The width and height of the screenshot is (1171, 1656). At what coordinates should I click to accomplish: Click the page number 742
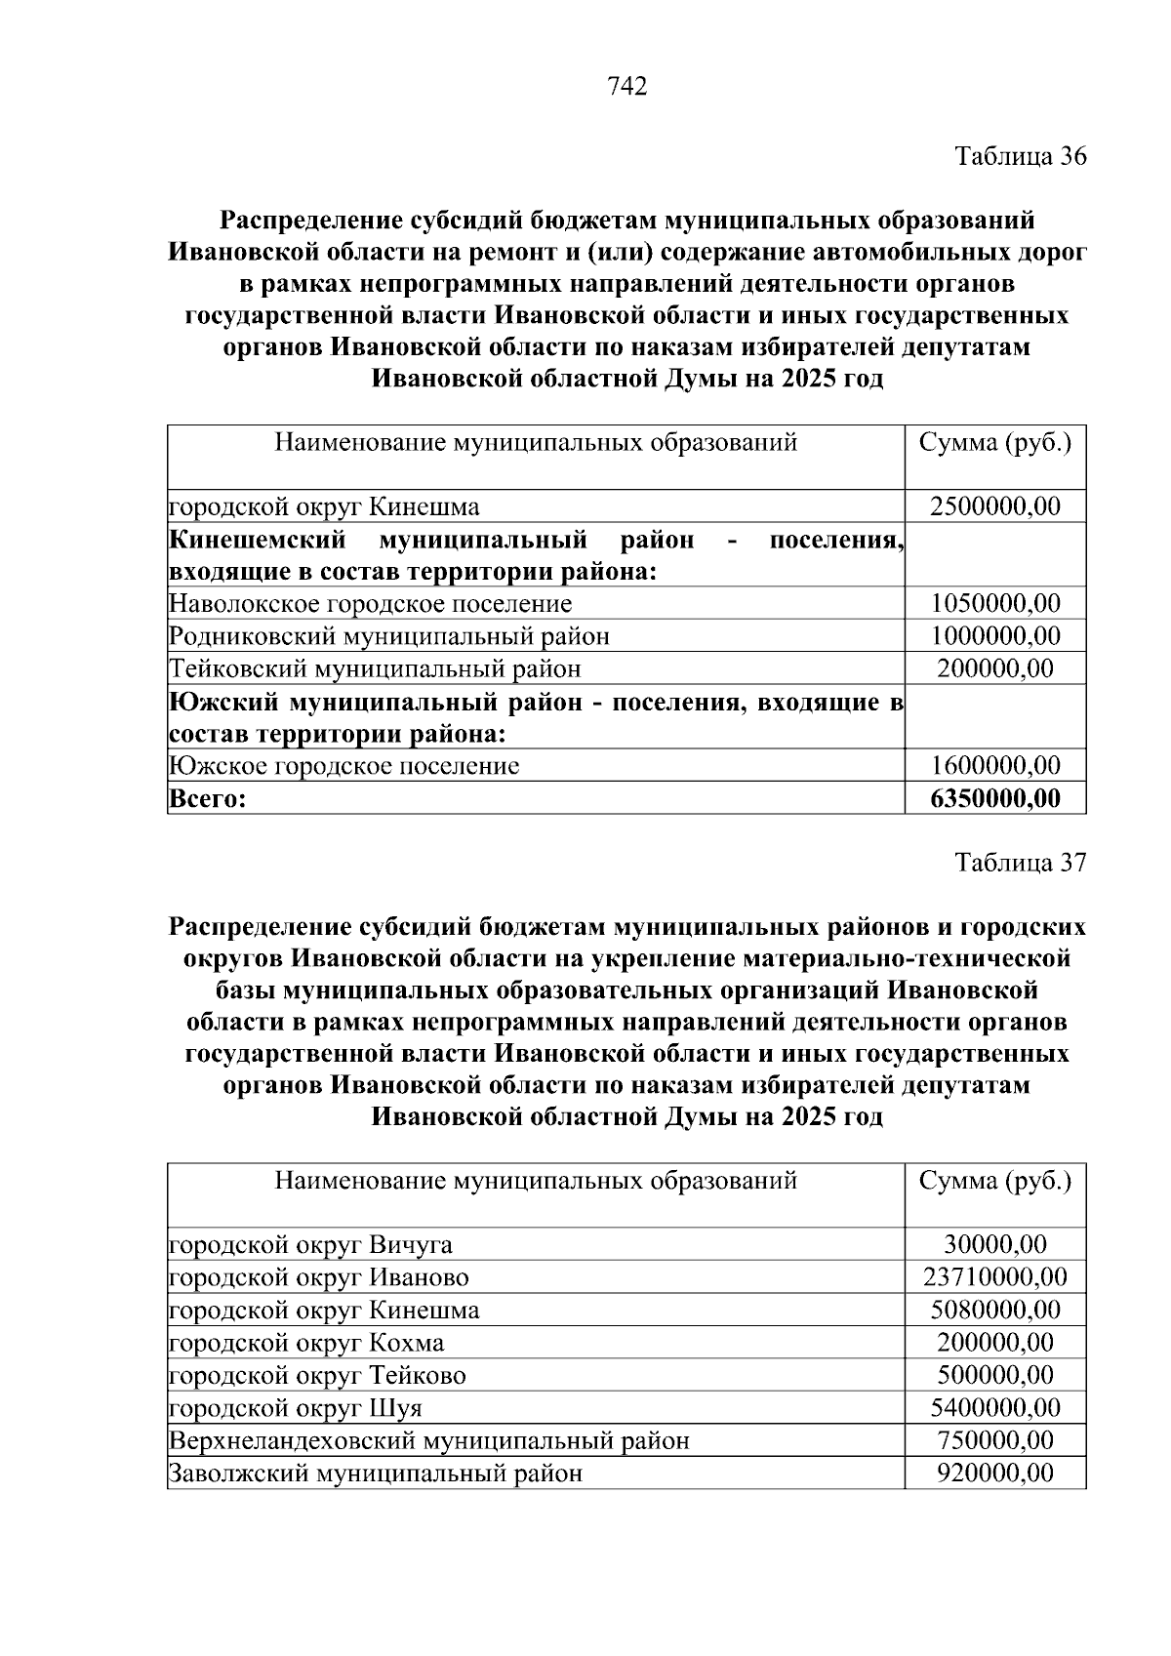coord(627,88)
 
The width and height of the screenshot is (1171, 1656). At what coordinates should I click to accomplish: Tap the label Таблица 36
coord(1020,156)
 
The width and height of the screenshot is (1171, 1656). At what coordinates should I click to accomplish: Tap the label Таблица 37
coord(1020,863)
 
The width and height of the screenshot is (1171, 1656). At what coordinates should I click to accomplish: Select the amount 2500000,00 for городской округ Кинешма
coord(995,506)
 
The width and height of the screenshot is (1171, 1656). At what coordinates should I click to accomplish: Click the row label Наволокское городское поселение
coord(371,604)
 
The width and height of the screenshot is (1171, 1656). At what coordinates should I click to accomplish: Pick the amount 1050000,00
coord(995,604)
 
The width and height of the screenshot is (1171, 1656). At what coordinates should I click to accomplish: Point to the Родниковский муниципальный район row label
coord(389,636)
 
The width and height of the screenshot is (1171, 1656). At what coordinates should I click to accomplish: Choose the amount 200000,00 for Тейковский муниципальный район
coord(995,668)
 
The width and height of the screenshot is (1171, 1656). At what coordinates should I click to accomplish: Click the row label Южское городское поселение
coord(344,766)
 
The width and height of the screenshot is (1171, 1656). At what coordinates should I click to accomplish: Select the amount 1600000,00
coord(995,766)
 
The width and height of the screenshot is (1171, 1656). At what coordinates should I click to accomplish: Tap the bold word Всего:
coord(208,799)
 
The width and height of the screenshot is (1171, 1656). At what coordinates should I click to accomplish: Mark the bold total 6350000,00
coord(995,799)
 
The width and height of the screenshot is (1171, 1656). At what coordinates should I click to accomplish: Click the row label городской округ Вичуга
coord(311,1245)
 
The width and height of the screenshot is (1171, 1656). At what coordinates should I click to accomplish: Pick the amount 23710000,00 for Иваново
coord(995,1277)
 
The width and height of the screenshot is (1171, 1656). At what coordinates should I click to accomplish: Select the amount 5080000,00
coord(995,1310)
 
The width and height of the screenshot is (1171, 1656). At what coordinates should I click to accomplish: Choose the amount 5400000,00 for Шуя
coord(995,1408)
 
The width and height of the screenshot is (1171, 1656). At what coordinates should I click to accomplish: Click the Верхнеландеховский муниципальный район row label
coord(429,1440)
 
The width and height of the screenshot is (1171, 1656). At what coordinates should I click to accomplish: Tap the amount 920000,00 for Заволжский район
coord(995,1473)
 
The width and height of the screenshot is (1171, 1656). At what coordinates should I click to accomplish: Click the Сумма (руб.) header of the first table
coord(995,444)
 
